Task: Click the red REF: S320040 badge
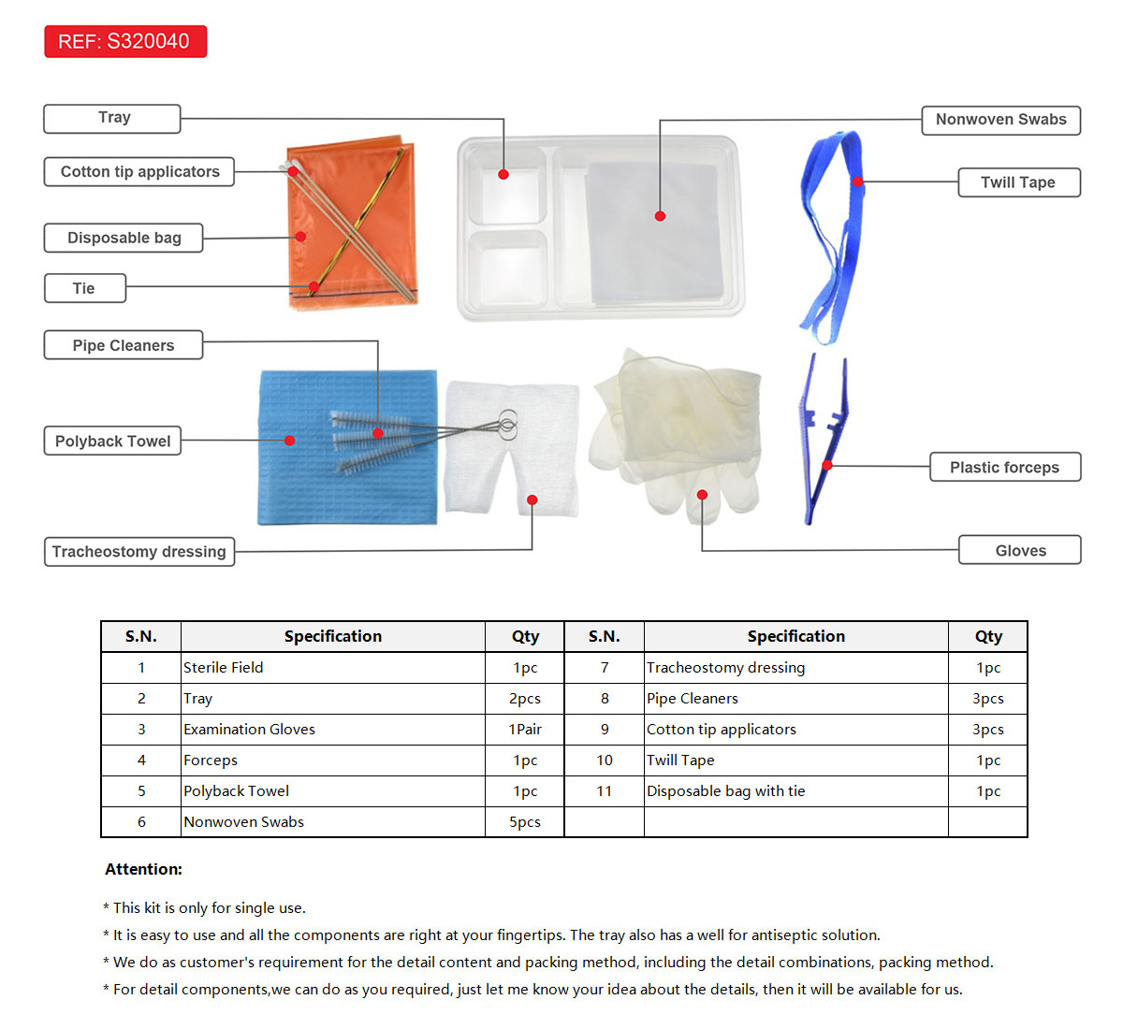click(124, 41)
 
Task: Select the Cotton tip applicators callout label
click(139, 172)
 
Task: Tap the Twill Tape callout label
click(1018, 182)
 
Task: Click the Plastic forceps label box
click(1004, 467)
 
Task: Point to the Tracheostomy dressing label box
click(139, 552)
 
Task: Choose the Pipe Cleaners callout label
click(123, 345)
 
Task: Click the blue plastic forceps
click(822, 440)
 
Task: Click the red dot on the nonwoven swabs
click(660, 216)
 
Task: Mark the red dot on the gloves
click(702, 495)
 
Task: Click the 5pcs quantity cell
click(525, 822)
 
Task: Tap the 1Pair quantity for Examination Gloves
click(525, 730)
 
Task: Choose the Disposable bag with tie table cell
click(725, 791)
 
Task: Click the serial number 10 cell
click(605, 760)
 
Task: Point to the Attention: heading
click(143, 869)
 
